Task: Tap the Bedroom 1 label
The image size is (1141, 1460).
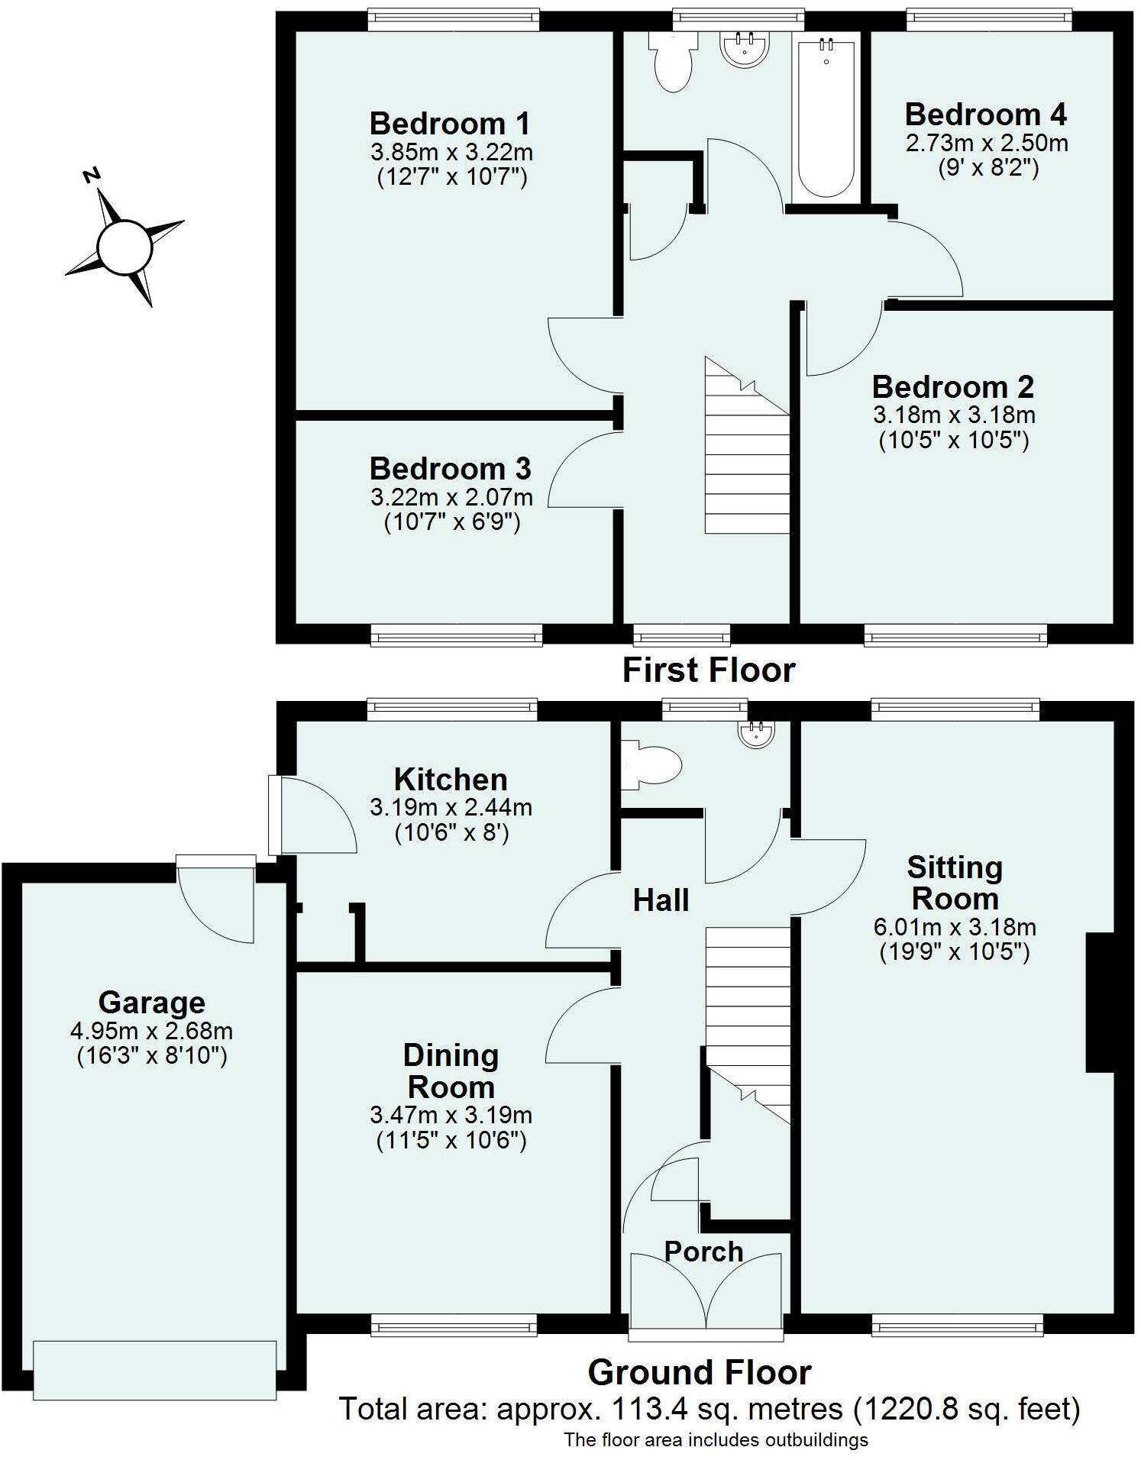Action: (450, 124)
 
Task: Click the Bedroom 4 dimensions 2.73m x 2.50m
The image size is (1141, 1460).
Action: (987, 143)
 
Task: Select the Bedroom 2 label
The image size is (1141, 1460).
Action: (953, 387)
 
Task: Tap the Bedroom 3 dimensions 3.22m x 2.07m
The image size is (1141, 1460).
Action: (451, 498)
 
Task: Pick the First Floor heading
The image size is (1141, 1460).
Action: (709, 670)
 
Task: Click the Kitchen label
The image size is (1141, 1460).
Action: (451, 780)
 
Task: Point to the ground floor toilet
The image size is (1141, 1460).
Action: (651, 765)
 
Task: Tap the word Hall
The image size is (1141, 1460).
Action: (661, 901)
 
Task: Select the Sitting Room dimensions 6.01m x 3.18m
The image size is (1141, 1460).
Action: (955, 927)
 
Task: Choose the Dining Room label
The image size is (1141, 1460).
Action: (451, 1071)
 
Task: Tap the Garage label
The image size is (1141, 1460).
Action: (152, 1003)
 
